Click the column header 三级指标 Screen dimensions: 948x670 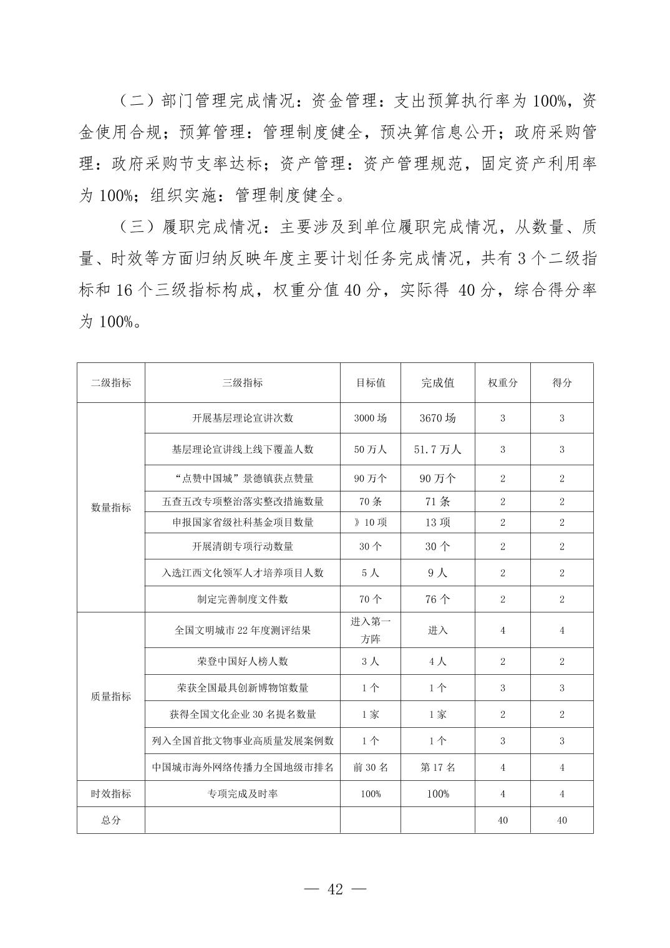(x=242, y=383)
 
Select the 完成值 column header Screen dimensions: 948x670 (x=437, y=383)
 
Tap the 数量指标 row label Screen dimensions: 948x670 (x=111, y=508)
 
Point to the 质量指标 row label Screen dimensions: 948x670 (x=111, y=697)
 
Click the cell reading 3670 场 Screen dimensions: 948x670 (x=437, y=418)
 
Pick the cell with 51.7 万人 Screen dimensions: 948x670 (x=437, y=450)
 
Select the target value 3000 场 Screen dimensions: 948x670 (x=371, y=418)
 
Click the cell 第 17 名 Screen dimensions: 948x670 (x=437, y=768)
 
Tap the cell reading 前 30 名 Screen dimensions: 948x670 (x=371, y=768)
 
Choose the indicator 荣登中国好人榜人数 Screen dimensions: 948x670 (x=242, y=662)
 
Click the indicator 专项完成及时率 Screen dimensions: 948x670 (x=242, y=794)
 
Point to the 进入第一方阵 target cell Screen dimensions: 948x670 (x=371, y=631)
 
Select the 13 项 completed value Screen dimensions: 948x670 (x=437, y=523)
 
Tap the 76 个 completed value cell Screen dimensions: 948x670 (x=437, y=599)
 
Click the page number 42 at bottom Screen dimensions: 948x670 (x=335, y=889)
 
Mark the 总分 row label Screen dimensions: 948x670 (x=111, y=820)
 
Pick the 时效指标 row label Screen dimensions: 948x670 (x=111, y=794)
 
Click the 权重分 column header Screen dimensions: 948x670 (x=502, y=383)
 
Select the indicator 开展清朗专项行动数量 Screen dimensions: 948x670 (x=242, y=547)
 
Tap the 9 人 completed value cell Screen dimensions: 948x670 (x=437, y=573)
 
